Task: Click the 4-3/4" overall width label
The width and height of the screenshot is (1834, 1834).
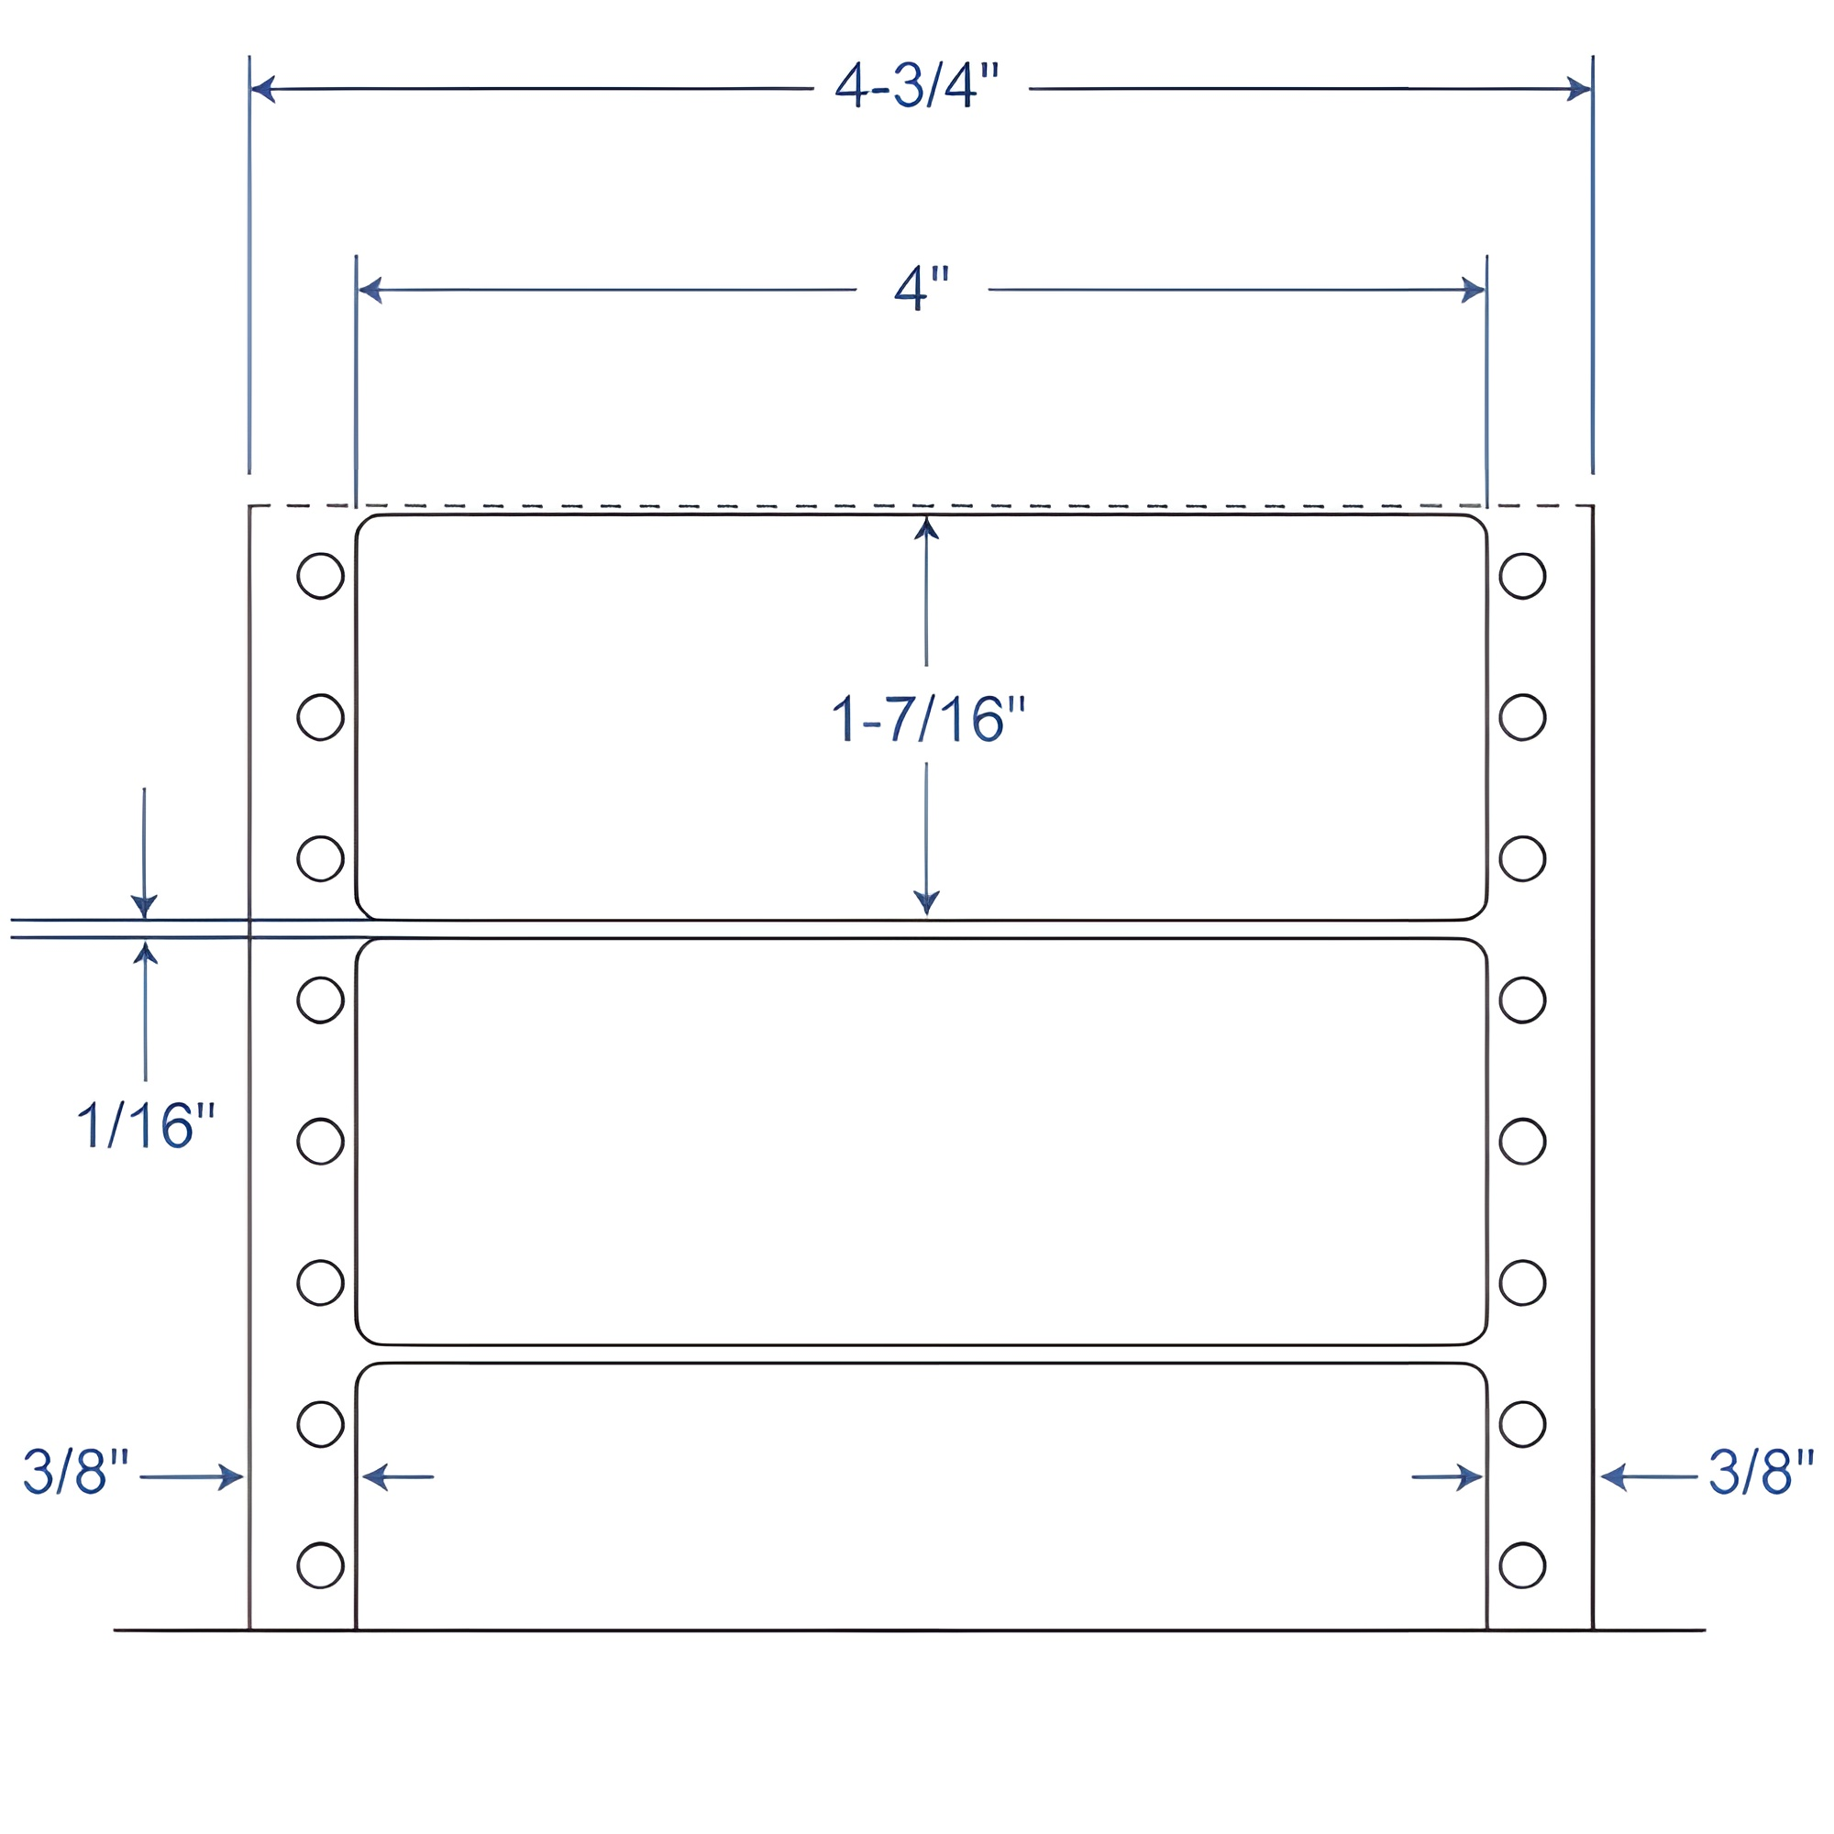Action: [917, 86]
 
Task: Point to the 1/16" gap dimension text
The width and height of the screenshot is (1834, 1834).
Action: [145, 1127]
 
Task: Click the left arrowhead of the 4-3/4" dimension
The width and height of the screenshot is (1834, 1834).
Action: [263, 89]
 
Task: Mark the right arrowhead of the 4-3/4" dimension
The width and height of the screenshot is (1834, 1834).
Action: [1579, 89]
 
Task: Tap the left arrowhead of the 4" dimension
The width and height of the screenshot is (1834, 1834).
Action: [370, 290]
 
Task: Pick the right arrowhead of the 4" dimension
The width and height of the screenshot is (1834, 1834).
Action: [1474, 290]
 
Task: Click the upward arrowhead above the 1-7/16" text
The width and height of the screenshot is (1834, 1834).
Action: [926, 528]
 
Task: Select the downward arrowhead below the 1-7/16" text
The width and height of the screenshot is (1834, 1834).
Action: [926, 901]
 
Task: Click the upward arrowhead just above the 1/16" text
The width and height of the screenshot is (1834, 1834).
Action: [145, 952]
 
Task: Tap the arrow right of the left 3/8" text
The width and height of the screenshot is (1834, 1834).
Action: [230, 1477]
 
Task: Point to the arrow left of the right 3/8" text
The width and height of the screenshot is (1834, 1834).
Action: [1614, 1477]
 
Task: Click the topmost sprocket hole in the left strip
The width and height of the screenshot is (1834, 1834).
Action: [320, 575]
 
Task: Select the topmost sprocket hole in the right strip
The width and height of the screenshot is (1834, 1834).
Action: [1522, 575]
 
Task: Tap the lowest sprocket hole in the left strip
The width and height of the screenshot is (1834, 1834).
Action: [320, 1565]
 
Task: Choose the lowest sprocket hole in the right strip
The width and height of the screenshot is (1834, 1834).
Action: [1522, 1565]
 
